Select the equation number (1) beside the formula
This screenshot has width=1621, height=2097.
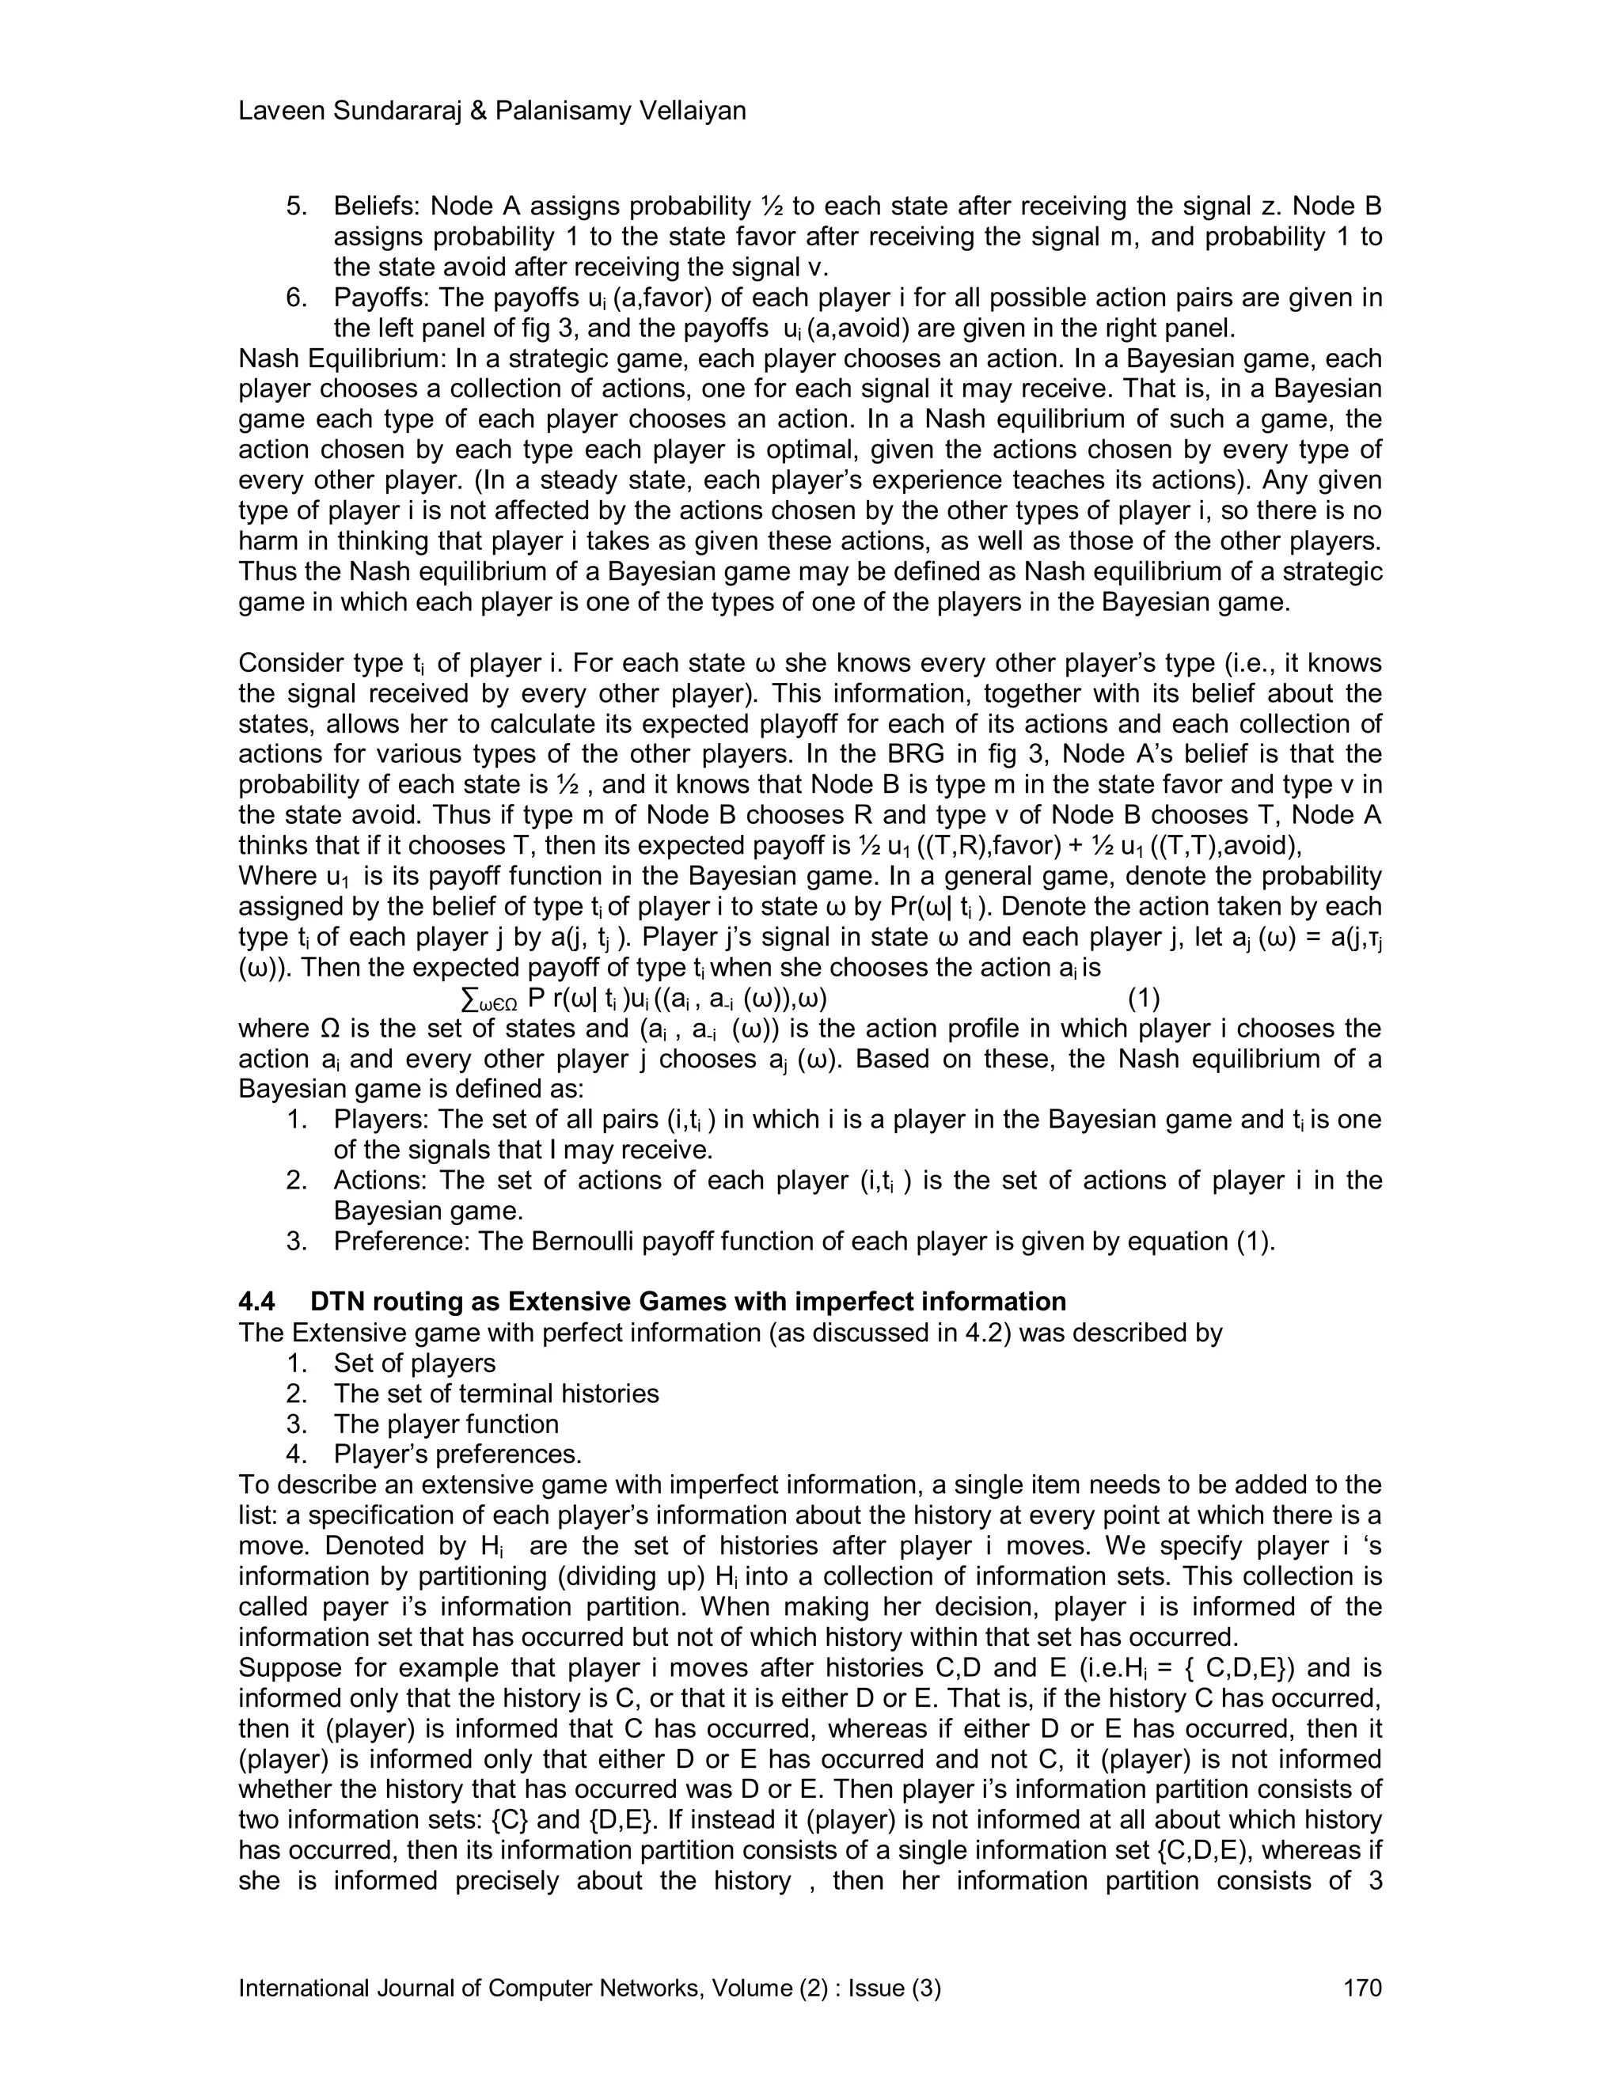[1144, 999]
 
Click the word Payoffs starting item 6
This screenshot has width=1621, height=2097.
[380, 298]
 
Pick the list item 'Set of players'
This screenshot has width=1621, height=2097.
[414, 1363]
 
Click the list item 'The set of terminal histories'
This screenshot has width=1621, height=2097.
[495, 1394]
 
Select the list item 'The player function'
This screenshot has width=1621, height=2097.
[446, 1424]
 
